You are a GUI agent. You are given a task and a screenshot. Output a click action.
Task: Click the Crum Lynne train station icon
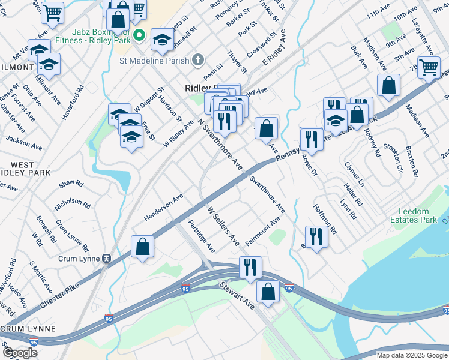pyautogui.click(x=106, y=259)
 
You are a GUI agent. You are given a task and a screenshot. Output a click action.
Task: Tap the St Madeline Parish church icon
pyautogui.click(x=199, y=60)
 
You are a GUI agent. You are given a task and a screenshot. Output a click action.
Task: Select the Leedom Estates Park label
pyautogui.click(x=418, y=215)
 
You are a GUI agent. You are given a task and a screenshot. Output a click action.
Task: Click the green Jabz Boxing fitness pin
pyautogui.click(x=139, y=35)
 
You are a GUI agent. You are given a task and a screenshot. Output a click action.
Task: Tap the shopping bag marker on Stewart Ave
pyautogui.click(x=268, y=292)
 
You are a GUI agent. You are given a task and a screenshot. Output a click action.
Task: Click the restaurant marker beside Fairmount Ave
pyautogui.click(x=316, y=236)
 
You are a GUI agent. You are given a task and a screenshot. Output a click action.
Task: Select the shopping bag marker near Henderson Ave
pyautogui.click(x=143, y=247)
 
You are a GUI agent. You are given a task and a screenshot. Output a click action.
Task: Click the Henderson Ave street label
pyautogui.click(x=163, y=208)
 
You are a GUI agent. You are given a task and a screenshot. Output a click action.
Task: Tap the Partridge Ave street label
pyautogui.click(x=202, y=236)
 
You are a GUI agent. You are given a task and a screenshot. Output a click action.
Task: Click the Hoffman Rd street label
pyautogui.click(x=326, y=218)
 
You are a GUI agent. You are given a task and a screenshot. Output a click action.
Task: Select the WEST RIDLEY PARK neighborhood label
pyautogui.click(x=26, y=169)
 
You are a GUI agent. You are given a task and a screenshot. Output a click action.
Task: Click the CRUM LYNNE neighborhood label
pyautogui.click(x=28, y=329)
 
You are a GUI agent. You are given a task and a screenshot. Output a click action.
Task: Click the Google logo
pyautogui.click(x=20, y=353)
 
